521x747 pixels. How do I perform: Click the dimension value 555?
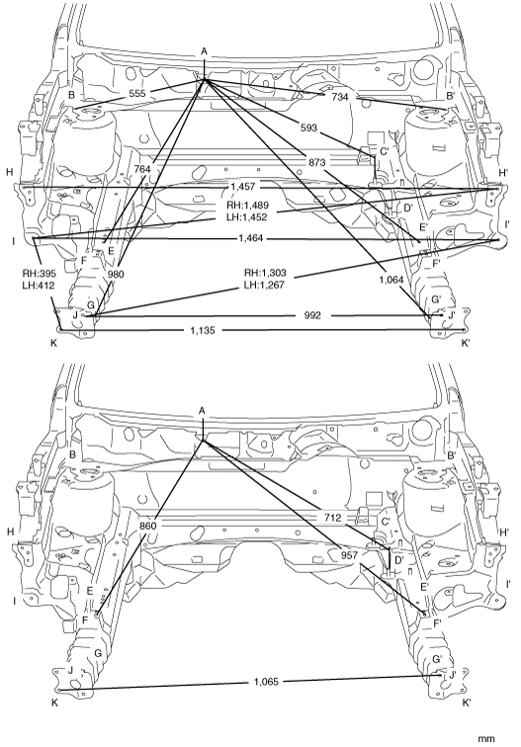136,93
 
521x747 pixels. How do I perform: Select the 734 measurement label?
340,97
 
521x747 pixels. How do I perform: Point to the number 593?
308,127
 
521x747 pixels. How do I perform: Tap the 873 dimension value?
317,162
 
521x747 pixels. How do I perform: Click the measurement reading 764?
141,169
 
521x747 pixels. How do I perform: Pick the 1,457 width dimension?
243,187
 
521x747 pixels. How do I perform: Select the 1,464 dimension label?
251,238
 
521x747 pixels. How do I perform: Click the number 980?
116,274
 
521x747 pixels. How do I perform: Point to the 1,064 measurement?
391,281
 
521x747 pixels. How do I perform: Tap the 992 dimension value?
312,315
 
